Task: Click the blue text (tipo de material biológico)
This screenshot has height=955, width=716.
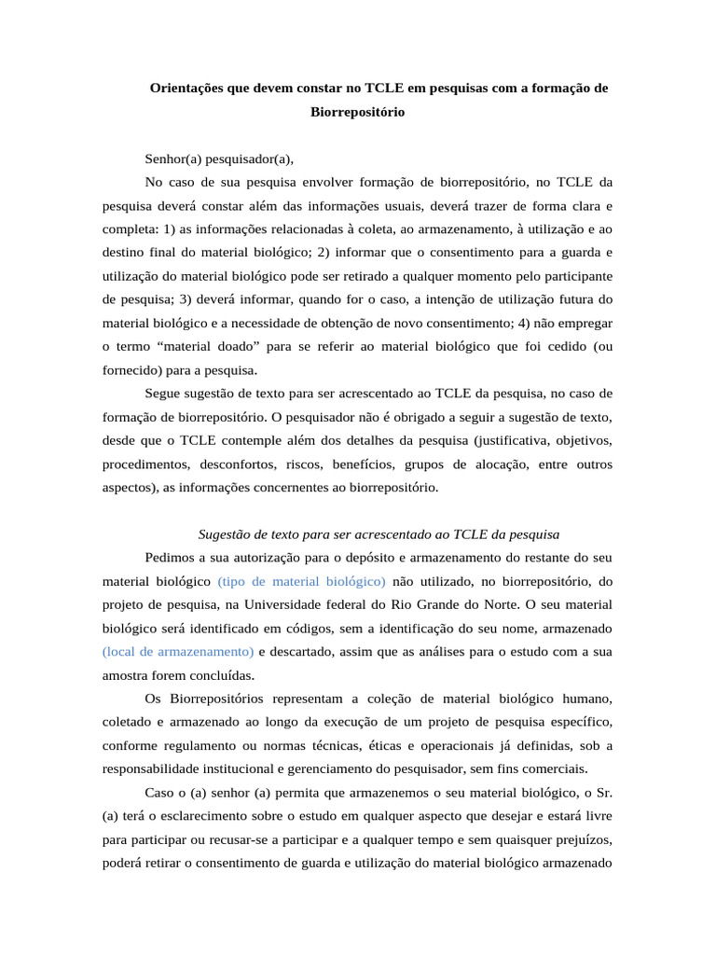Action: [x=301, y=581]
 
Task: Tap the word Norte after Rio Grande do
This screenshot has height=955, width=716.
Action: [x=475, y=604]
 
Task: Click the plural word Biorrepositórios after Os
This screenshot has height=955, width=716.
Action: [x=218, y=699]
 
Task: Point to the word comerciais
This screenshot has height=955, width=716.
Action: [x=555, y=768]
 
